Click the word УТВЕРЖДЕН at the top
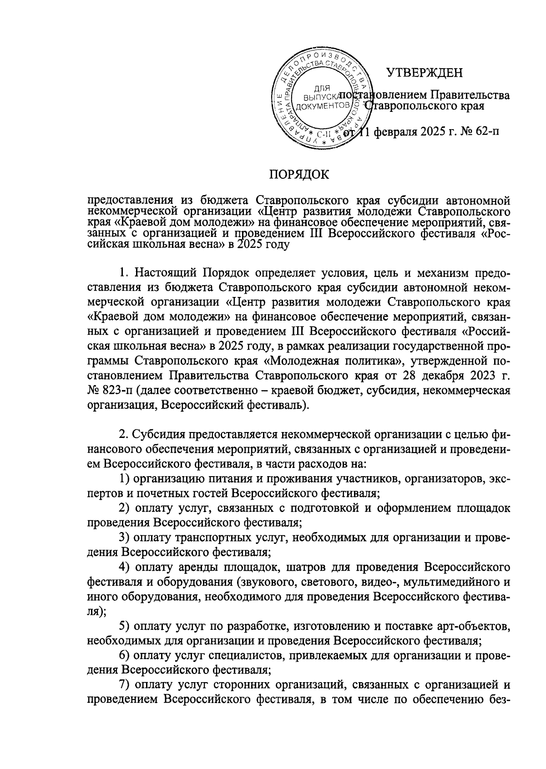[424, 73]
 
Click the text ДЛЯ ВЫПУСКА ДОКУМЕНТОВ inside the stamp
[322, 97]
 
